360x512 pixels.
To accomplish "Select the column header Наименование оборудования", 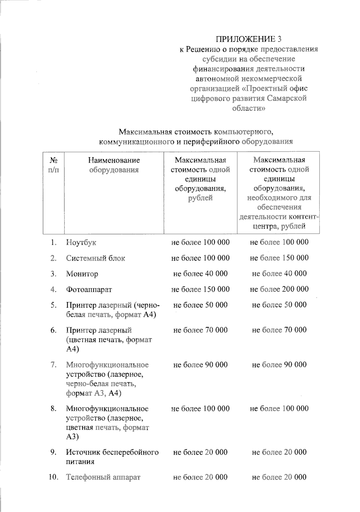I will tap(114, 165).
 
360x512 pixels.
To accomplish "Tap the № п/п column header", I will tap(53, 165).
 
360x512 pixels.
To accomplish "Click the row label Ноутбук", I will tap(81, 243).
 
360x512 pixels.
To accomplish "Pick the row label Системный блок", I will tap(95, 258).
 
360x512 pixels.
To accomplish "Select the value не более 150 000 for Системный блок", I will tap(279, 258).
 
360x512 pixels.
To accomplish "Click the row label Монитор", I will tap(82, 274).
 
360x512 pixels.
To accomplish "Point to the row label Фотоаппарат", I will tap(89, 290).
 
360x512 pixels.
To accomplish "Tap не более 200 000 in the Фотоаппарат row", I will tap(279, 289).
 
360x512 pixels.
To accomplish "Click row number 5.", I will tap(54, 305).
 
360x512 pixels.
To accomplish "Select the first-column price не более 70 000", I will tap(200, 330).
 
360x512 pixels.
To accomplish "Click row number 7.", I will tap(54, 365).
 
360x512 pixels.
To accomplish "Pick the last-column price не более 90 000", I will tap(279, 365).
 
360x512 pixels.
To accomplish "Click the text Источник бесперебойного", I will tap(112, 452).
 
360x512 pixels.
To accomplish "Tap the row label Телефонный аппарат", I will tap(103, 477).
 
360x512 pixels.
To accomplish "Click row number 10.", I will tap(53, 477).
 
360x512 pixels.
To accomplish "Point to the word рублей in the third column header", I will tap(200, 198).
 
